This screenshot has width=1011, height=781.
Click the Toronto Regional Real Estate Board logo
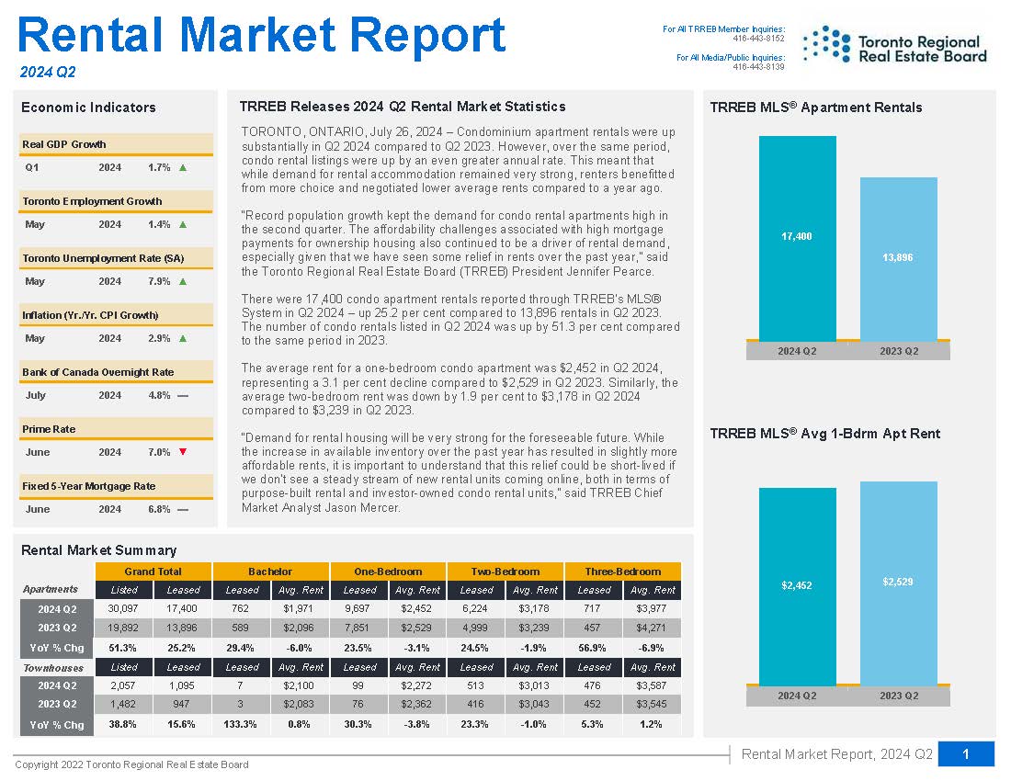[x=895, y=46]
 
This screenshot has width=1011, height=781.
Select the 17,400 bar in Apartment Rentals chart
[x=797, y=238]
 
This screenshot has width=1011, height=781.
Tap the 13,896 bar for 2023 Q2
[x=898, y=259]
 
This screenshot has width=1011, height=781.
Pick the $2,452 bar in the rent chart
[x=797, y=586]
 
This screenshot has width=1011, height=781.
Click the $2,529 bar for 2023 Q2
[x=898, y=583]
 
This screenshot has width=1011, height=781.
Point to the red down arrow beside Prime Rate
[x=183, y=452]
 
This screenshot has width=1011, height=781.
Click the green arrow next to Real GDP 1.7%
[x=183, y=167]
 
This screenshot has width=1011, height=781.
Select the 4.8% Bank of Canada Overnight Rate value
[x=159, y=395]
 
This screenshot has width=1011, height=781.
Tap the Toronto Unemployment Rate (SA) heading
[x=103, y=258]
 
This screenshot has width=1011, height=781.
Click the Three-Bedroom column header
[x=622, y=572]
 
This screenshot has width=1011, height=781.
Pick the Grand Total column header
[x=153, y=572]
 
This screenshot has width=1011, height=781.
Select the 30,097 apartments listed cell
[x=123, y=608]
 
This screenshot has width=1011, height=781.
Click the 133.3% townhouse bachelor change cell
[x=240, y=724]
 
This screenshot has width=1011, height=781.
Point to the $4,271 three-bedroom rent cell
[x=651, y=628]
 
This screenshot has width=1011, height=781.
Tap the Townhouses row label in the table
[x=53, y=668]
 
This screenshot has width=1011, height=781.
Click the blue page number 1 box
[x=966, y=754]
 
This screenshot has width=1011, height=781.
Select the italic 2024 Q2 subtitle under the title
[x=48, y=73]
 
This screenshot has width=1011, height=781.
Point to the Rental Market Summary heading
[x=98, y=550]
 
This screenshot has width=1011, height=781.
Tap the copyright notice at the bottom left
[x=131, y=764]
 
